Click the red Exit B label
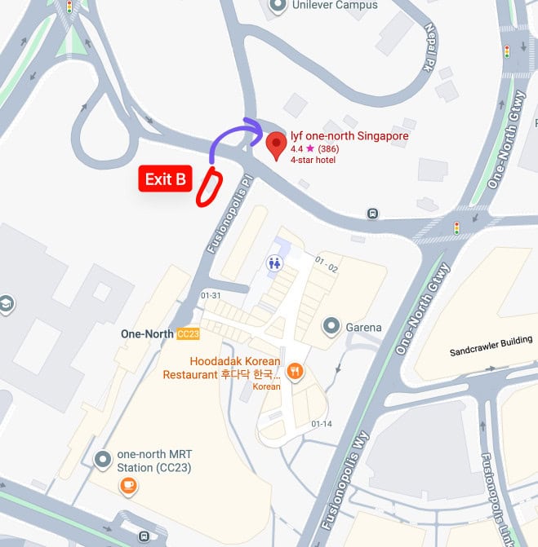click(x=165, y=179)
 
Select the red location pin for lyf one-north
click(x=277, y=146)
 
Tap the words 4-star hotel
click(x=313, y=160)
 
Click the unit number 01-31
click(x=210, y=296)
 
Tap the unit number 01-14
click(x=322, y=424)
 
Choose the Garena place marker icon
click(x=331, y=327)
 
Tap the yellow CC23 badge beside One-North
click(x=188, y=334)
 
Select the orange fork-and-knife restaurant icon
click(x=295, y=372)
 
